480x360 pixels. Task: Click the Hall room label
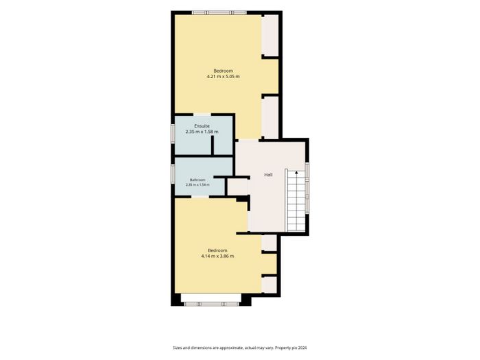[x=268, y=175]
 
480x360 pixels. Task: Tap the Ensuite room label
[x=202, y=126]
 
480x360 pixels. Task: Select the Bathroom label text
[x=197, y=180]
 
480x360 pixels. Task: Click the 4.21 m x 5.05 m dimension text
[x=223, y=77]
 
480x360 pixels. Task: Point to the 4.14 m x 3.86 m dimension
[x=217, y=256]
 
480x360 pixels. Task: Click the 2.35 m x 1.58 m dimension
[x=202, y=132]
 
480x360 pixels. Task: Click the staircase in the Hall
[x=296, y=200]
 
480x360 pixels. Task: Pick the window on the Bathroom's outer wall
[x=173, y=174]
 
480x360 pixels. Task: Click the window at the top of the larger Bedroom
[x=219, y=12]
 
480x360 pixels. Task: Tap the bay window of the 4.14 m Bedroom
[x=211, y=304]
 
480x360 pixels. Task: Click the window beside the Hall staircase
[x=307, y=188]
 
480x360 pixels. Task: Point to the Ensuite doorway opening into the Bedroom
[x=202, y=115]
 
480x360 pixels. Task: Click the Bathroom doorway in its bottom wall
[x=200, y=197]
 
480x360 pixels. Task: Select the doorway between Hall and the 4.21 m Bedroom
[x=248, y=140]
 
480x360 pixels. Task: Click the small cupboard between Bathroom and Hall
[x=237, y=187]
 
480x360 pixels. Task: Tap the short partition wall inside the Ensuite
[x=213, y=145]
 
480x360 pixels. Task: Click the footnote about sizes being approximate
[x=240, y=348]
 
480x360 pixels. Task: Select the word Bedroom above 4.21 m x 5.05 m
[x=223, y=71]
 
